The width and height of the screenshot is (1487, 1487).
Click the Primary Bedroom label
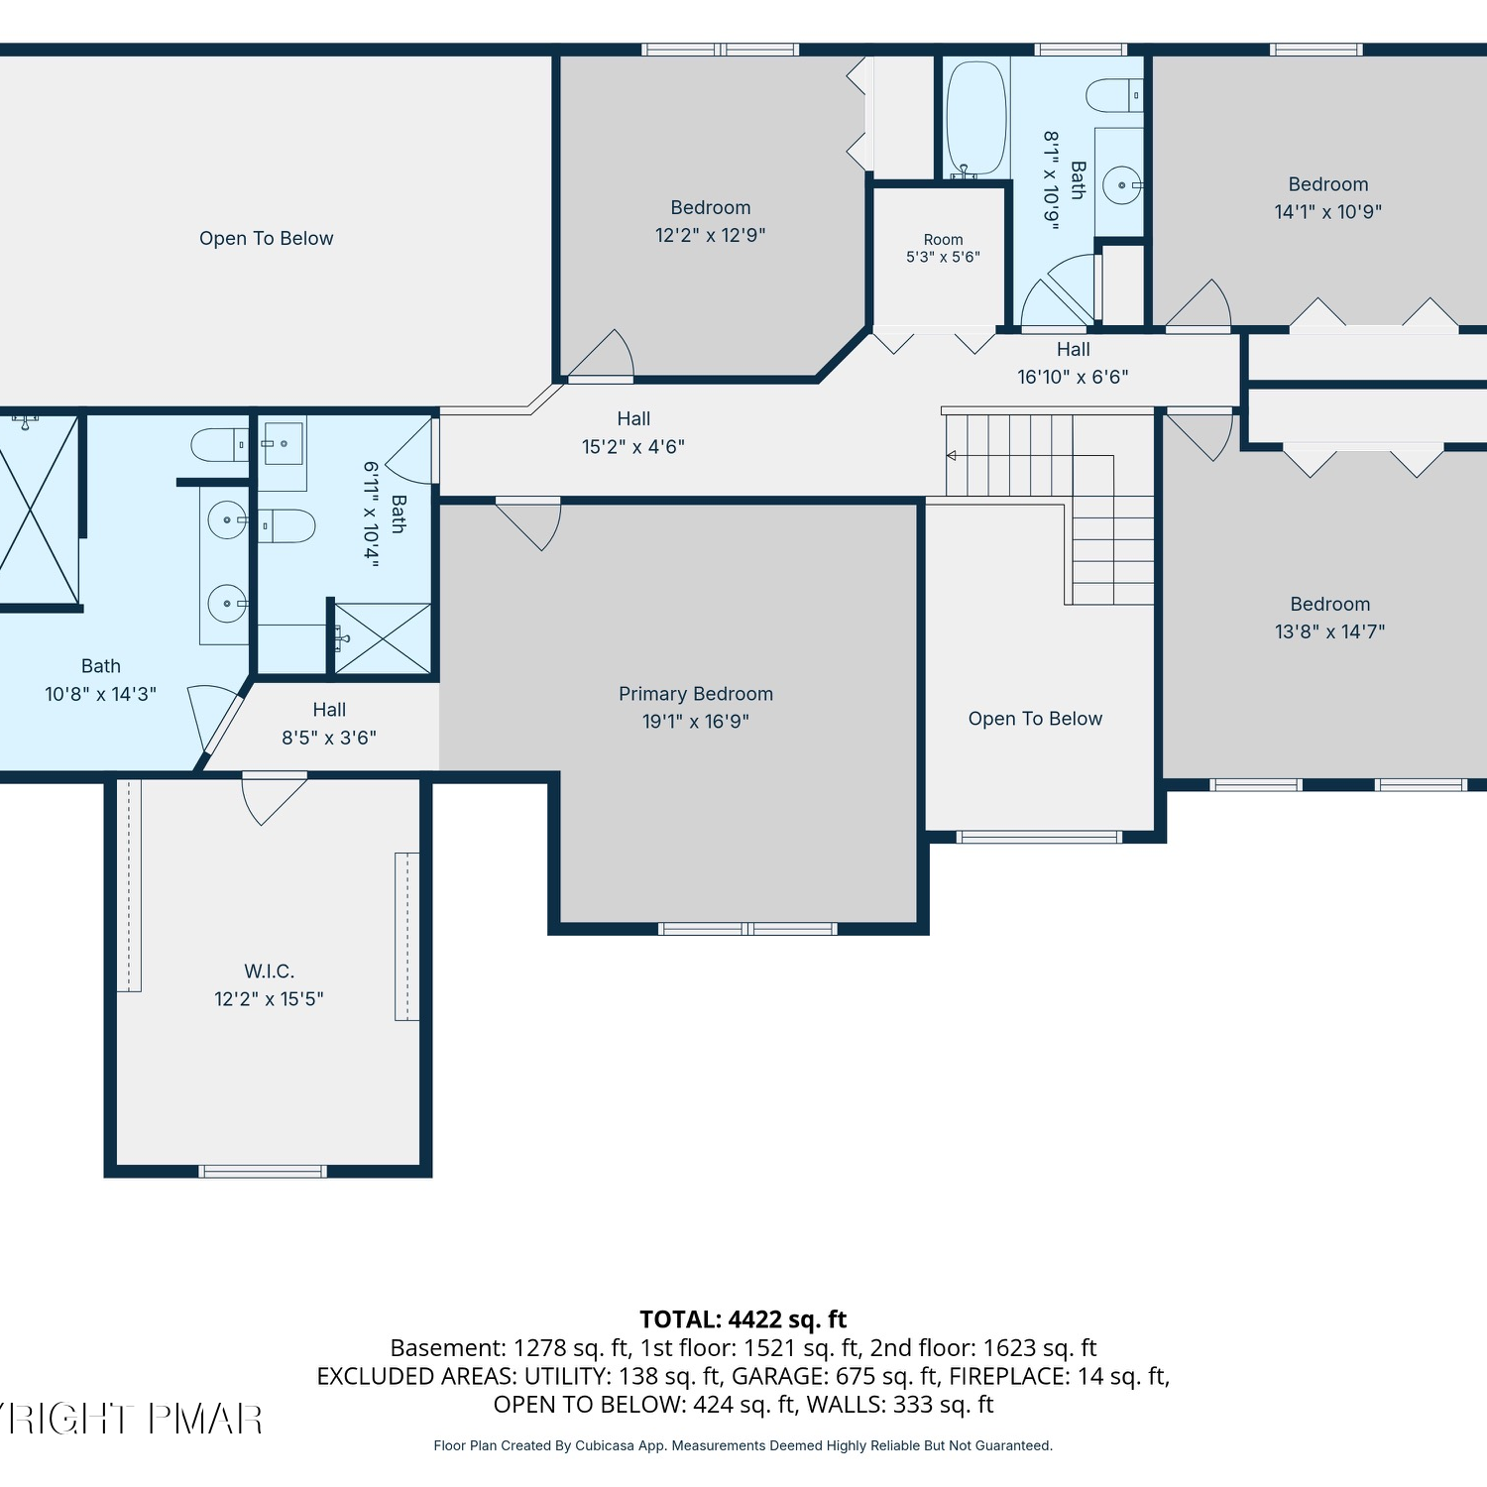tap(696, 694)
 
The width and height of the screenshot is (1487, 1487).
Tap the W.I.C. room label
tap(270, 972)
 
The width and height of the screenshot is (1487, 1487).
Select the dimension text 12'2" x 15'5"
tap(270, 999)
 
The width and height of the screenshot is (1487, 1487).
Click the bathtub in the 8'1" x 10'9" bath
tap(976, 119)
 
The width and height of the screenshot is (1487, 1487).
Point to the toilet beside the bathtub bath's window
tap(1114, 96)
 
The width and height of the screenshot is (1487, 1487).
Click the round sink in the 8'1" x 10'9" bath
tap(1122, 185)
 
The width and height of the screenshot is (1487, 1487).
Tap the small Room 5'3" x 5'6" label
tap(943, 248)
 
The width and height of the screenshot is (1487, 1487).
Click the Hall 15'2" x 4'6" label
tap(633, 433)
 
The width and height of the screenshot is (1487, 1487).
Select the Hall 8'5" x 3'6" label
tap(329, 724)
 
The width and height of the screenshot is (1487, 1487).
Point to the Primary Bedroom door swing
tap(529, 523)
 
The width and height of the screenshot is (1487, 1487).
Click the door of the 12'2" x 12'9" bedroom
tap(601, 355)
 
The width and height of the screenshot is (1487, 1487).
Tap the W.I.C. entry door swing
tap(274, 798)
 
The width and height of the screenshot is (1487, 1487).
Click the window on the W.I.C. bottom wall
tap(263, 1172)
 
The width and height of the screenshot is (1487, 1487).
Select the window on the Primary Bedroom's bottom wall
tap(747, 929)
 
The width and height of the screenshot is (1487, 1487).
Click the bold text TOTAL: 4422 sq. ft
tap(743, 1319)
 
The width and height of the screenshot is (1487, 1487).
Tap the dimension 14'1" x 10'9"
tap(1328, 211)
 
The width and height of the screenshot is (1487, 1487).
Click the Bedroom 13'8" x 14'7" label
tap(1330, 618)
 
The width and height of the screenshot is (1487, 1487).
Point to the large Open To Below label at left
tap(267, 238)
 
